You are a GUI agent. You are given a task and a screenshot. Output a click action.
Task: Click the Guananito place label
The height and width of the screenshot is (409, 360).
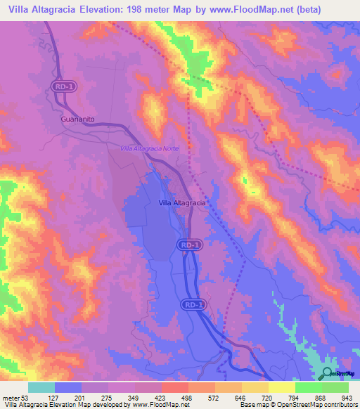[x=77, y=119]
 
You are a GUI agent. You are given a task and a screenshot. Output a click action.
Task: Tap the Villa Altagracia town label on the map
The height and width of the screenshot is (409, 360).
[x=181, y=202]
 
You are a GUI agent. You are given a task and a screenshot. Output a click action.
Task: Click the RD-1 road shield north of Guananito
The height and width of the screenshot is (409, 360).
[x=61, y=86]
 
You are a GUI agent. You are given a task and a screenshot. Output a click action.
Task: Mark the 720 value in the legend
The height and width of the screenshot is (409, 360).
[x=266, y=398]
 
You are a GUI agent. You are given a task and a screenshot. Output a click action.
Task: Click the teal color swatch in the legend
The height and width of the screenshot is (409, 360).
[x=41, y=387]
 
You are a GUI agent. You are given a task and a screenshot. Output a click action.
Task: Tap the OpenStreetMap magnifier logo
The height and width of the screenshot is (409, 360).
[x=327, y=373]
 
